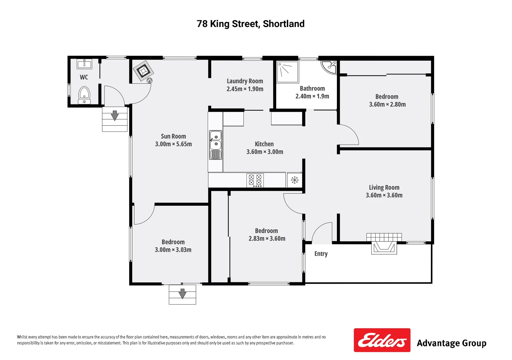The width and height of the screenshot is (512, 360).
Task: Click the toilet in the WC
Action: (84, 95)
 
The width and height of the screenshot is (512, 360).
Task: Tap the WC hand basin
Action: (84, 64)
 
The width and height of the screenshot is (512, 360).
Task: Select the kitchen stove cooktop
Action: (255, 180)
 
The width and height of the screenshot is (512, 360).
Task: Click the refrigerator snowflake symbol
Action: (295, 180)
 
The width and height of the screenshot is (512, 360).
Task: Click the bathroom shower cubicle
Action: (287, 72)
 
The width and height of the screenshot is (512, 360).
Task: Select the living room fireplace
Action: (384, 245)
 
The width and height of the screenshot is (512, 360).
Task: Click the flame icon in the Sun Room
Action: (150, 80)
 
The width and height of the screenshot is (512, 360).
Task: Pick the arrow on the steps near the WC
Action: (115, 115)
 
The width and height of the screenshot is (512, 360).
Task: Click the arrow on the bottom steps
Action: (182, 293)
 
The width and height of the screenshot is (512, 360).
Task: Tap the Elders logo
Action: (382, 340)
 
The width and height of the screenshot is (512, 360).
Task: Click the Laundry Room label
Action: (245, 81)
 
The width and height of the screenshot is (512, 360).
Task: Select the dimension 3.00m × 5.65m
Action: (173, 144)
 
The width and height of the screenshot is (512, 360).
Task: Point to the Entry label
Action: (321, 254)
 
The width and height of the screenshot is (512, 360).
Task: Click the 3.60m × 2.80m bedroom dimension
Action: (387, 104)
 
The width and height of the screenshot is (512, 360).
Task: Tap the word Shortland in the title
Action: (284, 24)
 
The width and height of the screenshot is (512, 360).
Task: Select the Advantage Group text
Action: (451, 343)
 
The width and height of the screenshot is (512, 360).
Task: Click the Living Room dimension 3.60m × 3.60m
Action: (384, 195)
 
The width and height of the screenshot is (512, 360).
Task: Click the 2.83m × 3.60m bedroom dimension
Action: (267, 238)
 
